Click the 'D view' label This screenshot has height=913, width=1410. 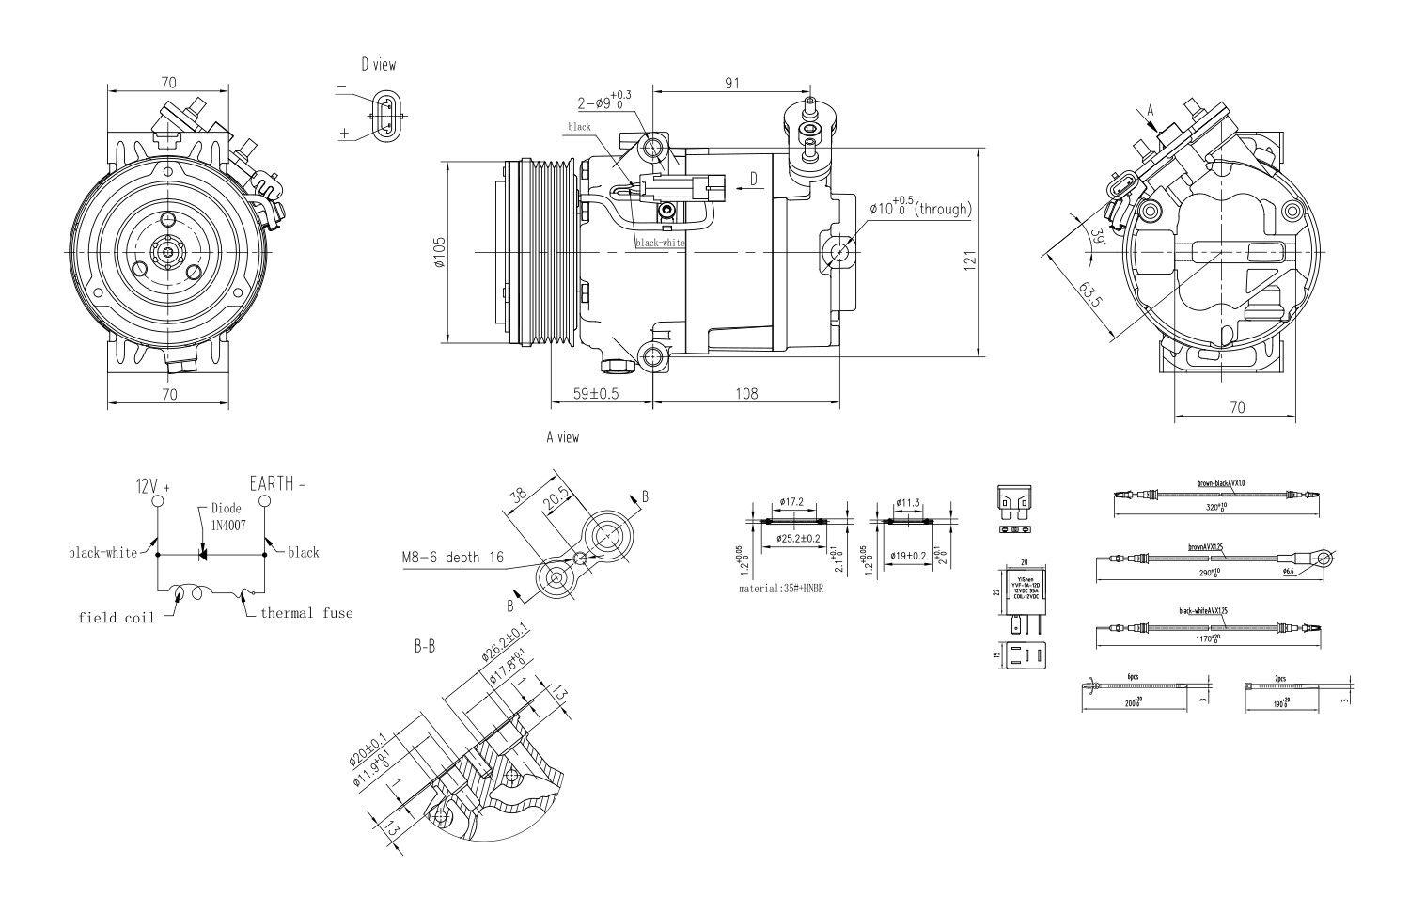pos(378,65)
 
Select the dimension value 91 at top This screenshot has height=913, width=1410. pos(731,83)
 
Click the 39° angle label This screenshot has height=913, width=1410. pos(1097,237)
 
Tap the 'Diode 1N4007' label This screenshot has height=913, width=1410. pos(226,516)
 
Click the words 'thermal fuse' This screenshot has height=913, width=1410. pos(306,613)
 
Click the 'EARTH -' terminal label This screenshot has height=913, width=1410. pos(277,484)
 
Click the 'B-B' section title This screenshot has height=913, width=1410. pos(425,647)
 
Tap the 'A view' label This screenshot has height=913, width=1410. pos(562,437)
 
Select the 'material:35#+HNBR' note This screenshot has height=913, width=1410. pos(781,590)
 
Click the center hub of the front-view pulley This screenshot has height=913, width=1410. pos(167,251)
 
